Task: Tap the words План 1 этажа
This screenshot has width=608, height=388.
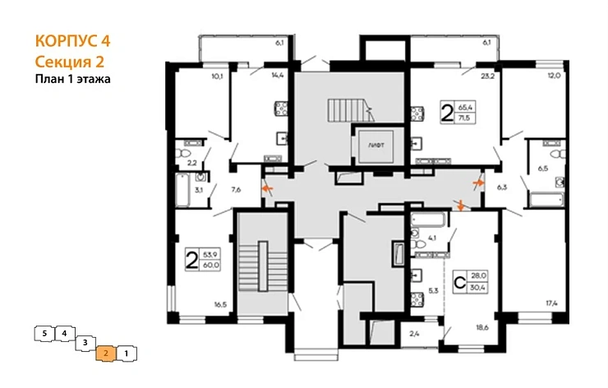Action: pos(72,79)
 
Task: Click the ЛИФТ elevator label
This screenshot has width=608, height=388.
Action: pos(375,143)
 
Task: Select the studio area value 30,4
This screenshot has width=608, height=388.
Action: pos(479,287)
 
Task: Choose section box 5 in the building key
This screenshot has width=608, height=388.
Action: pos(42,333)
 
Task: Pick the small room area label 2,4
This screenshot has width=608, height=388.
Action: pos(414,333)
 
